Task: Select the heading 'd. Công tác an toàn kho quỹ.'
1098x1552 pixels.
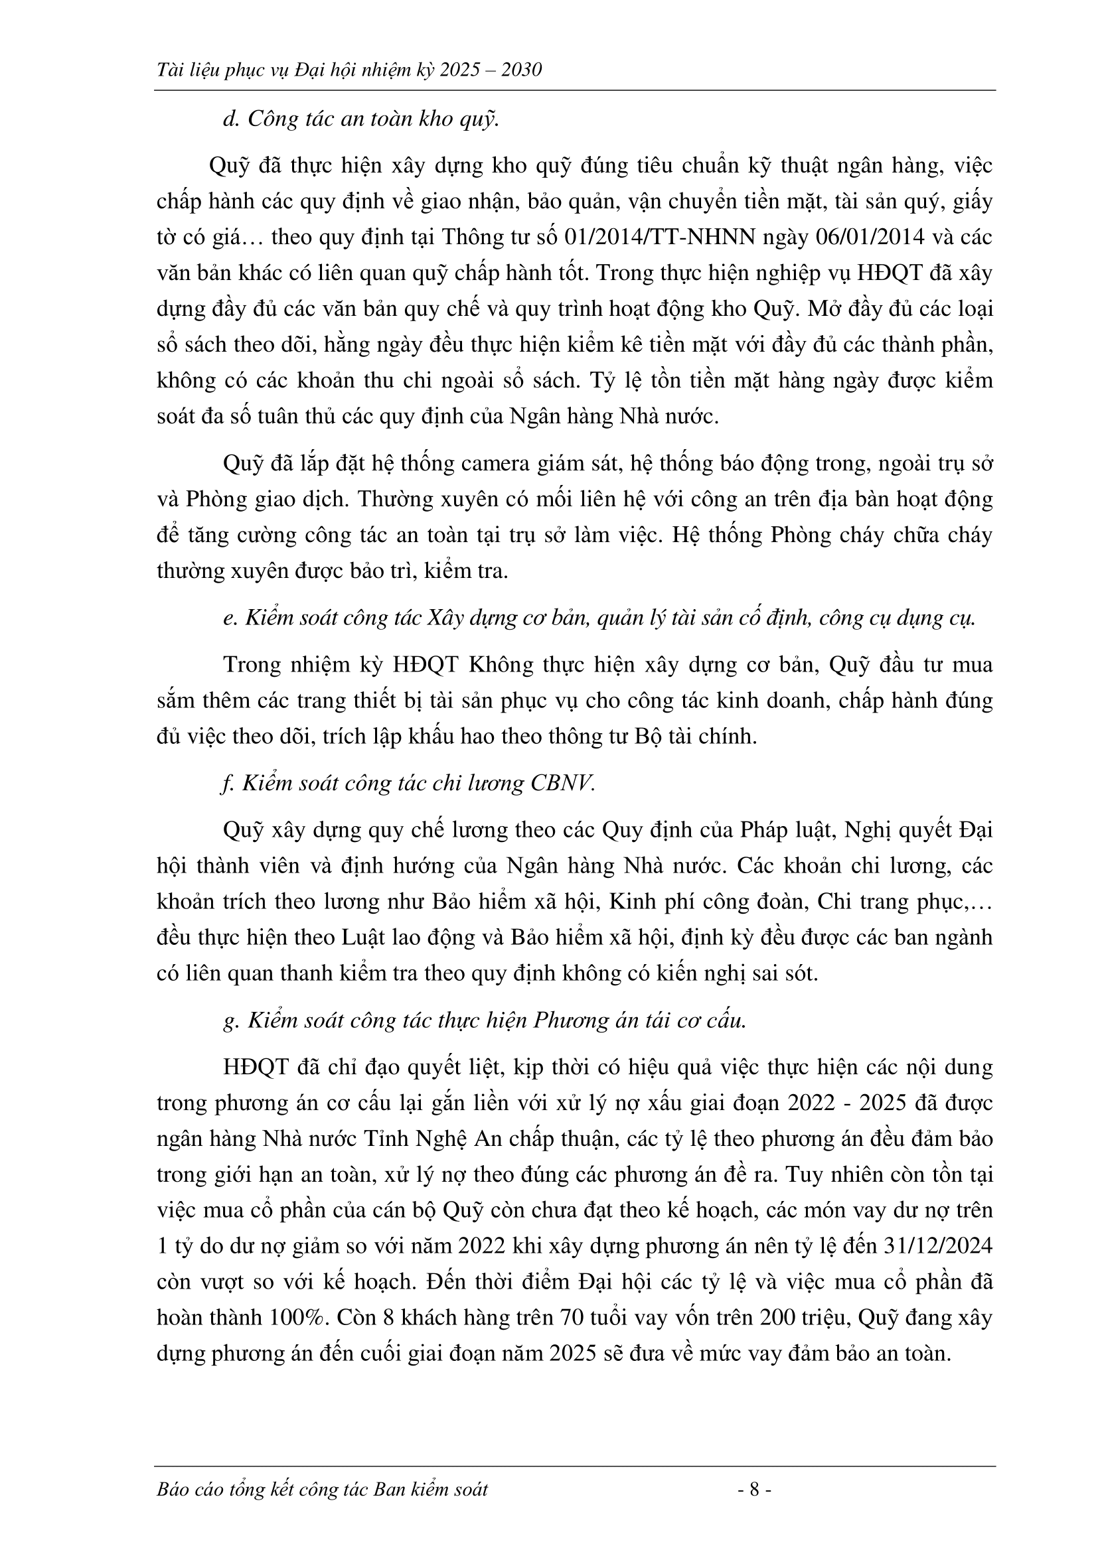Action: click(x=360, y=119)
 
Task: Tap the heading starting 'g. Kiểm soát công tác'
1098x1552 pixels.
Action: click(x=485, y=1021)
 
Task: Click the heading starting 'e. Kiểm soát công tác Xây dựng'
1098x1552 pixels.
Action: click(x=599, y=619)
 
